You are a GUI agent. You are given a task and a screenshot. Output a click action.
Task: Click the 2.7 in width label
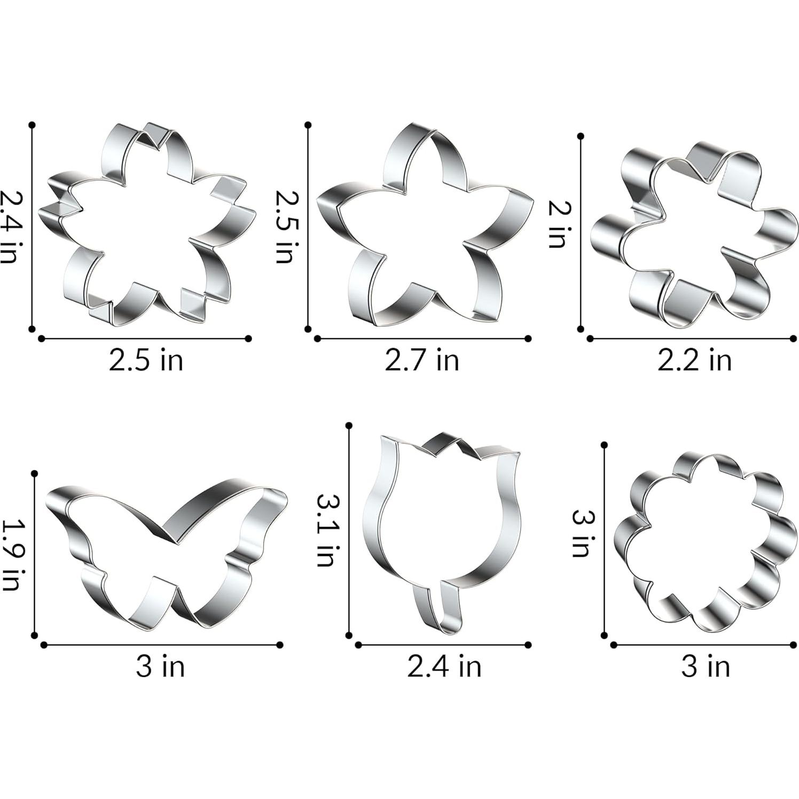[x=422, y=360]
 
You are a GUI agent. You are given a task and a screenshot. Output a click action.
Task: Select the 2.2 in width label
[x=694, y=360]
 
